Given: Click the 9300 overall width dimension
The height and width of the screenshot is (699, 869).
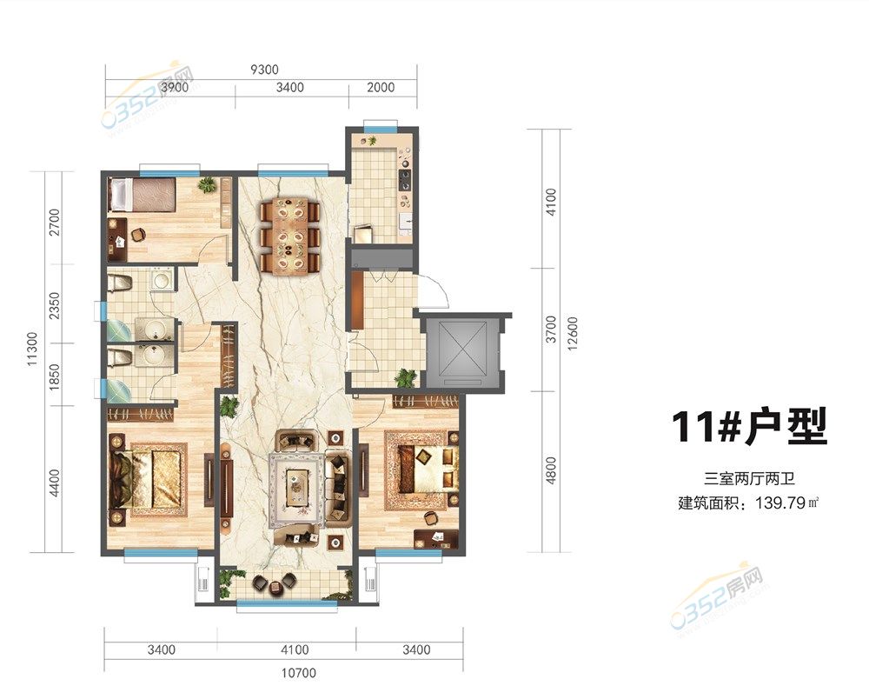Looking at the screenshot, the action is (264, 70).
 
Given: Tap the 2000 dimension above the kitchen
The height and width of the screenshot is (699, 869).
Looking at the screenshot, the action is (381, 87).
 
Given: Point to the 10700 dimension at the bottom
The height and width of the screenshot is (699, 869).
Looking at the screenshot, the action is (299, 673).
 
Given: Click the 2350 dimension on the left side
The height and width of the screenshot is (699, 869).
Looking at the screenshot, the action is (54, 307).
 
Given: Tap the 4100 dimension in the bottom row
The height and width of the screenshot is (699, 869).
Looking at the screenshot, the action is (295, 649).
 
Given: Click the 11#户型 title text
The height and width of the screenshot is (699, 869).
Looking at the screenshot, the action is (749, 426).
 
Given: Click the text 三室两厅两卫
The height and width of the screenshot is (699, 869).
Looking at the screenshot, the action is (749, 478).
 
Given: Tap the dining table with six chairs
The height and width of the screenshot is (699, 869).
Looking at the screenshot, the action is (290, 235).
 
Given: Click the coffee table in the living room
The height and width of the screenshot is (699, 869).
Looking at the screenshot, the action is (297, 488).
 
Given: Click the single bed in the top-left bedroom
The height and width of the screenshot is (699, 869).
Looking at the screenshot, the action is (143, 195).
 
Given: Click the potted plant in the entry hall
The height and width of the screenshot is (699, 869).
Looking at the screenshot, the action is (405, 378).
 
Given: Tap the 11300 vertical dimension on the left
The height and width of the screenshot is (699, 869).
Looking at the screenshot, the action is (32, 349).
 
